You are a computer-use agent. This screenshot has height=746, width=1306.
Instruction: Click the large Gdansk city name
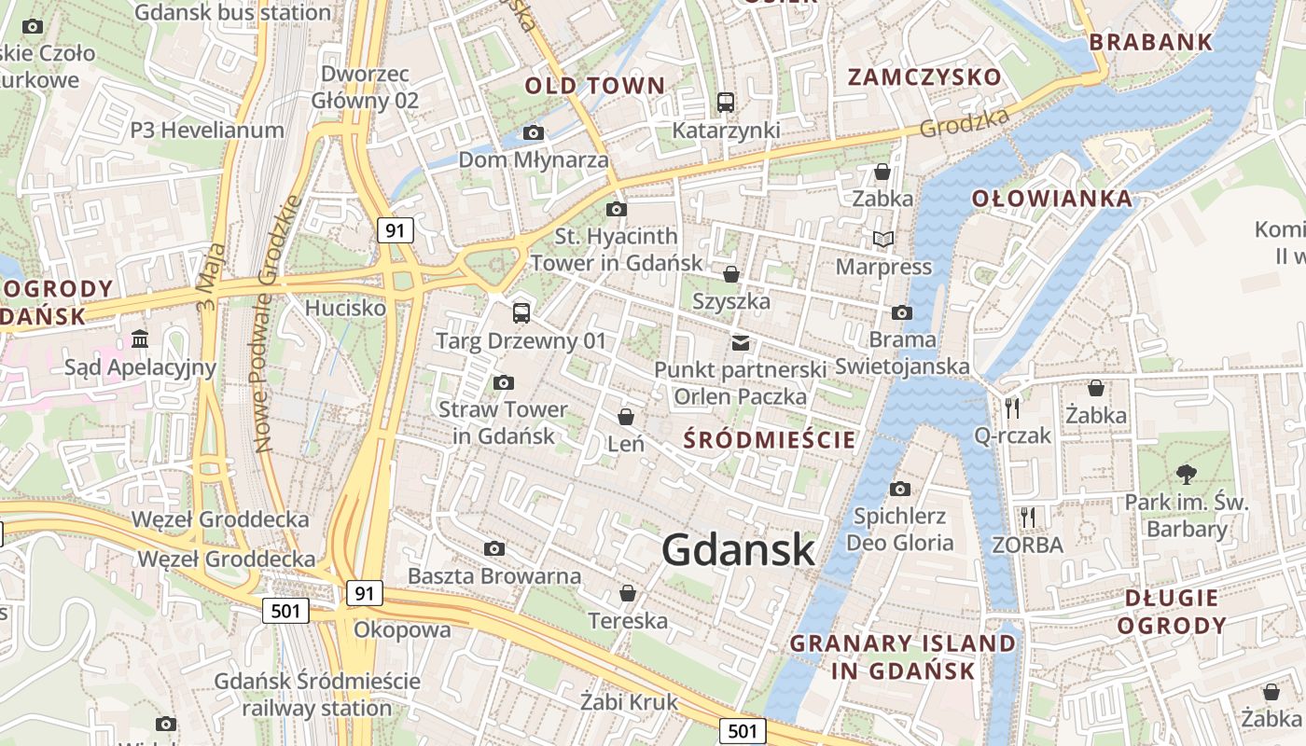(x=739, y=550)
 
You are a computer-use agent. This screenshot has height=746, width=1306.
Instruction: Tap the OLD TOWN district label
(x=595, y=87)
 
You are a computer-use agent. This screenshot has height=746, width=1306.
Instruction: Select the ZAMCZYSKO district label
(x=924, y=77)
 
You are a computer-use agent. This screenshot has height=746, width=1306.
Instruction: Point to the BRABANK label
(x=1151, y=42)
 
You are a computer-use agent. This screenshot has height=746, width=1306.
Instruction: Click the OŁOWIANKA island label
(x=1052, y=199)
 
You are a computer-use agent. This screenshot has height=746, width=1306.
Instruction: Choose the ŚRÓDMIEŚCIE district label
(x=770, y=439)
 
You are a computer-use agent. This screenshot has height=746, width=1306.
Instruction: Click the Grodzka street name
(x=965, y=123)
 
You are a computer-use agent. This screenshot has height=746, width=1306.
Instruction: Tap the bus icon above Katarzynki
(x=725, y=103)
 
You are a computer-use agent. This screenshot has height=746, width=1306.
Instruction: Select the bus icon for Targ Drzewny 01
(x=521, y=313)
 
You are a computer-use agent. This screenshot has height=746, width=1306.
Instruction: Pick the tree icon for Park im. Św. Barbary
(x=1186, y=475)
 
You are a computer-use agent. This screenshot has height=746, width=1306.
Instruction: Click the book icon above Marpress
(x=882, y=240)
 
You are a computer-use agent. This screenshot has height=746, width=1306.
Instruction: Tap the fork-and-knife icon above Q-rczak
(x=1012, y=408)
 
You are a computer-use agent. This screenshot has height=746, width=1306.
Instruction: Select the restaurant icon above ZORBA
(x=1027, y=517)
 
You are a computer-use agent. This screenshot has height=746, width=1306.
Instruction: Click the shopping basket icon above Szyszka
(x=731, y=274)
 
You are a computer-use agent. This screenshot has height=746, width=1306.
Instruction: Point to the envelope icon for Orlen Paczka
(x=741, y=342)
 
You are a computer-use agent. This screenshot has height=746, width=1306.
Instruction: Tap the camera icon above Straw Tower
(x=503, y=382)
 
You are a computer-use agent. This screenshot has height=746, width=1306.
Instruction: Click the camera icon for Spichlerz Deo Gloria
(x=899, y=489)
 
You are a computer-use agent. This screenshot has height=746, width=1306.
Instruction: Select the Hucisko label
(x=345, y=307)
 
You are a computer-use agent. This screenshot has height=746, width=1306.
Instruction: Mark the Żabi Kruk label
(x=629, y=702)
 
